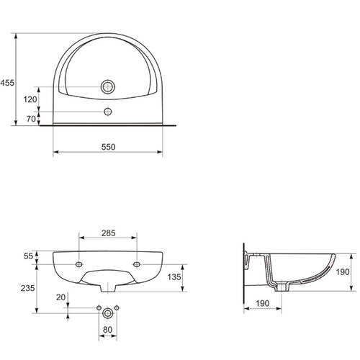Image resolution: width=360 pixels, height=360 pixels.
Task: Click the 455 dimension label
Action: point(7,83)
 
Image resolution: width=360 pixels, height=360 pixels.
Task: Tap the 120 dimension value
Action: point(30,99)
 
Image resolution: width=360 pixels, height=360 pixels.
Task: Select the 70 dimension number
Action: point(31,119)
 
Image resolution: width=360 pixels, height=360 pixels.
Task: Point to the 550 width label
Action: point(108,147)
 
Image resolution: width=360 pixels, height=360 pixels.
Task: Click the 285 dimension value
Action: point(108,233)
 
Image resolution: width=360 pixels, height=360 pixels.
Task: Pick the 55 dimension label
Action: point(28,256)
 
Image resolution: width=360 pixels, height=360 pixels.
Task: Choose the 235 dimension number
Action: point(28,288)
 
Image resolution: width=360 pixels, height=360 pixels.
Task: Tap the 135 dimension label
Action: point(174,277)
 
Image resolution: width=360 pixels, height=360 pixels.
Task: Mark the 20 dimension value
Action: point(60,297)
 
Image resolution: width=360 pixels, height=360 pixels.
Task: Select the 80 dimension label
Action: point(107,330)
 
